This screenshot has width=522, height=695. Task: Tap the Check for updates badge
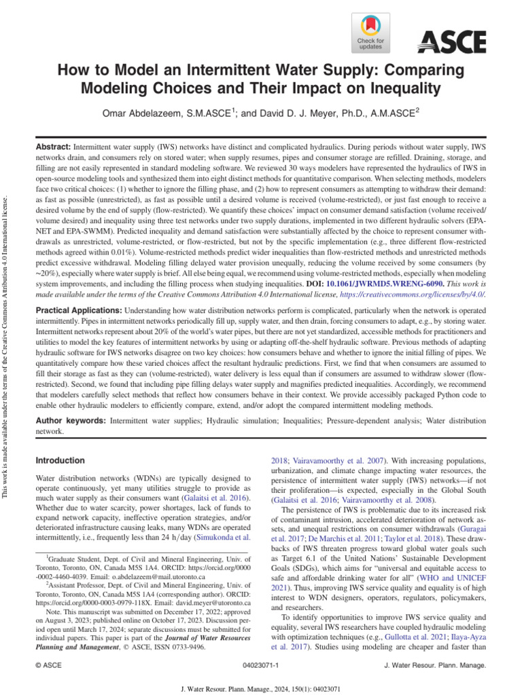pyautogui.click(x=370, y=34)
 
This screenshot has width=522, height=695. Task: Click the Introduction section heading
pyautogui.click(x=60, y=460)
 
